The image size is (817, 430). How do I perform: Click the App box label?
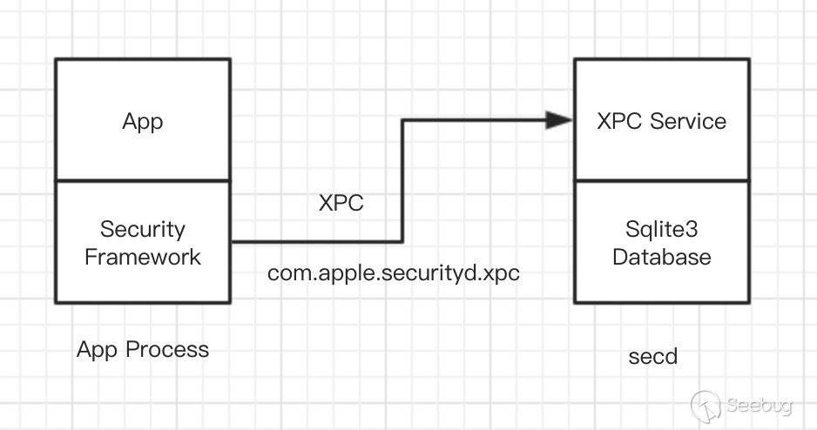pyautogui.click(x=143, y=122)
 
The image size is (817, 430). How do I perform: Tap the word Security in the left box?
pyautogui.click(x=143, y=230)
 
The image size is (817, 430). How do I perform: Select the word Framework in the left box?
pyautogui.click(x=143, y=257)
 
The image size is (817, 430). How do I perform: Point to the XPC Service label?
pyautogui.click(x=662, y=121)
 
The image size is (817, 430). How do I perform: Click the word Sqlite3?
pyautogui.click(x=662, y=230)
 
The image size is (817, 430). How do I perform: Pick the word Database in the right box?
pyautogui.click(x=662, y=257)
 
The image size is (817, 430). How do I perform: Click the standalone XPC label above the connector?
pyautogui.click(x=341, y=204)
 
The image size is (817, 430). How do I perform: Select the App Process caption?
pyautogui.click(x=143, y=350)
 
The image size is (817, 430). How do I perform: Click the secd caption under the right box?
pyautogui.click(x=653, y=357)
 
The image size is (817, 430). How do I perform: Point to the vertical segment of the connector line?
pyautogui.click(x=402, y=180)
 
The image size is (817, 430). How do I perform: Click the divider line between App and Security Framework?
pyautogui.click(x=143, y=180)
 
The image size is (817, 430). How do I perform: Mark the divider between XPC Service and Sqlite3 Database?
pyautogui.click(x=662, y=180)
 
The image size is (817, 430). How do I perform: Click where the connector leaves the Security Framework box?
pyautogui.click(x=232, y=241)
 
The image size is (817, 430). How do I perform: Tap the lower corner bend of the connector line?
pyautogui.click(x=402, y=241)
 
